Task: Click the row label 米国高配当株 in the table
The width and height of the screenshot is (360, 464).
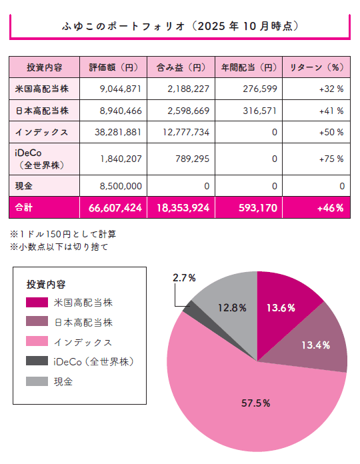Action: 37,89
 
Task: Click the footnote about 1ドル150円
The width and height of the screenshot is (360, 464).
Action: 57,235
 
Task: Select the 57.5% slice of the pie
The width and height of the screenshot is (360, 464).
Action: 247,403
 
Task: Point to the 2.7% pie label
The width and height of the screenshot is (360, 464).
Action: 184,278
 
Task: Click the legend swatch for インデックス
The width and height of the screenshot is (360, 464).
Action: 37,341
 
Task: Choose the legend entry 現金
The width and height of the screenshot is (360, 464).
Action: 63,381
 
